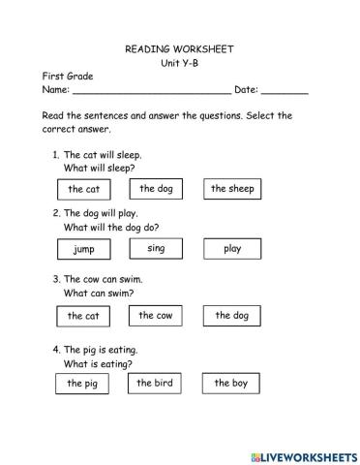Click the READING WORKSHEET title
tap(179, 47)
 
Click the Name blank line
tap(152, 92)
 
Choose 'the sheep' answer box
tap(232, 189)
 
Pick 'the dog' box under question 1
tap(156, 189)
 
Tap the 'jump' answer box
tap(83, 250)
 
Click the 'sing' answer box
tap(156, 249)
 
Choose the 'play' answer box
tap(232, 249)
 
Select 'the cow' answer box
tap(156, 316)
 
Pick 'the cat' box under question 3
tap(83, 317)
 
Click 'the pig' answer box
tap(83, 385)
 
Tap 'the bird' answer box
tap(155, 384)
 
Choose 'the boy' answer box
tap(231, 384)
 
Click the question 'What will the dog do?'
tap(111, 228)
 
